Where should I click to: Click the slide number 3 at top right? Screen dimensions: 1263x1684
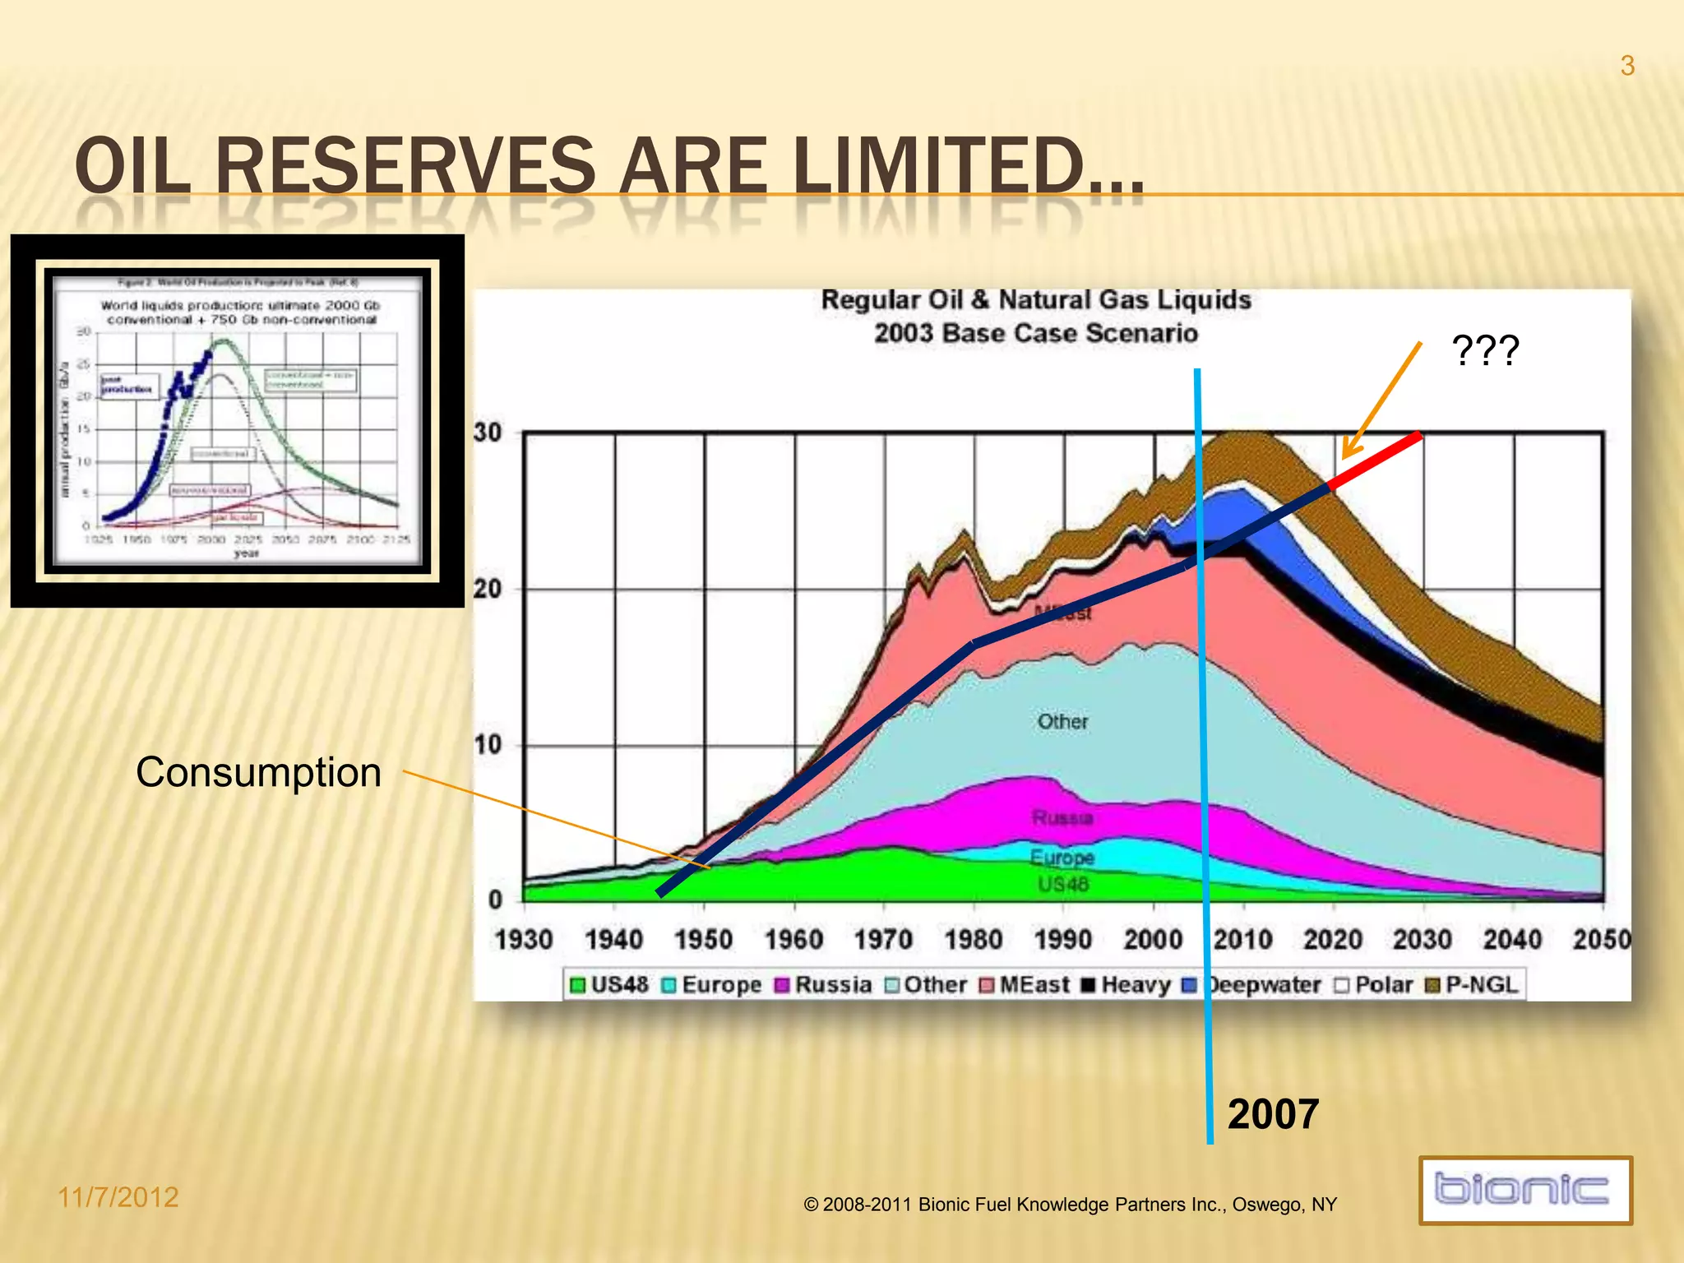pos(1626,66)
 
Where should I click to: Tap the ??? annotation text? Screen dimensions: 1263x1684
pos(1485,351)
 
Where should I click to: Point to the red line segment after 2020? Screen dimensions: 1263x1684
pos(1375,460)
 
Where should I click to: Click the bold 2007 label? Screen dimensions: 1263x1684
pos(1273,1114)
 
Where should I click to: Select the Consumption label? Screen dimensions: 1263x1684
pos(258,773)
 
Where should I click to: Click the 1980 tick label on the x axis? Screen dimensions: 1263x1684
pos(973,939)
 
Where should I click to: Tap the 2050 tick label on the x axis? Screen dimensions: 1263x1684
pos(1600,939)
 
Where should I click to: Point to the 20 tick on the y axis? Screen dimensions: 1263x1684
pos(488,589)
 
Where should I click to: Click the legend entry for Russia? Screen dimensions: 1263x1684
pos(823,984)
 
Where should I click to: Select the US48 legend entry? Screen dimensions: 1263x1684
pos(609,984)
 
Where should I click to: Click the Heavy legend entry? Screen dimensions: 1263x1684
pos(1126,984)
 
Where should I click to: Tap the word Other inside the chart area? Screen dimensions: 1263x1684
pos(1062,721)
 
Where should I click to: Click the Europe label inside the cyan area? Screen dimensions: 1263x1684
pos(1062,857)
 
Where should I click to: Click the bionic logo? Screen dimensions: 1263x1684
pos(1524,1190)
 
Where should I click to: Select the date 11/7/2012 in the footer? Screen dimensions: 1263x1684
pos(118,1197)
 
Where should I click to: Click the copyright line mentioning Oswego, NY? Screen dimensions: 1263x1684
pos(1070,1205)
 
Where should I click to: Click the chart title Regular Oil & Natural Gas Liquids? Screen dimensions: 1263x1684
pos(1036,300)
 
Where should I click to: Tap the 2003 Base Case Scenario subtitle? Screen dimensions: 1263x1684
pos(1036,334)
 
